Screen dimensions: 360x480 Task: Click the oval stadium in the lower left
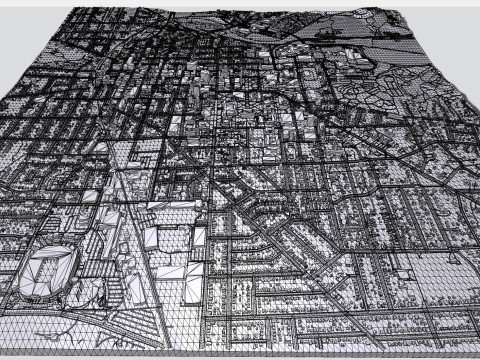coord(47,271)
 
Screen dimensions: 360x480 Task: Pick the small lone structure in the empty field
coord(404,272)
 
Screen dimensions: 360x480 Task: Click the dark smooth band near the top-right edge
coord(395,45)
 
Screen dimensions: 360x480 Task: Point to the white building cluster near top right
coord(350,55)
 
